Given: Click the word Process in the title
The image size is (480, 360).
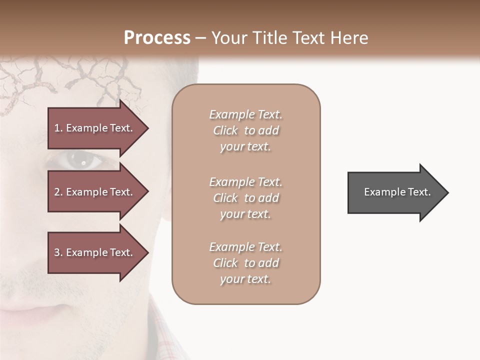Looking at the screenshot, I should (x=157, y=38).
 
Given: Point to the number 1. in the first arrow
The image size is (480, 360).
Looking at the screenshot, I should (x=58, y=128).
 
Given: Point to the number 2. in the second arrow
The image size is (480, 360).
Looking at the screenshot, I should (x=58, y=192).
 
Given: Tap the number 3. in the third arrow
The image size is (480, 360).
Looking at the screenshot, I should (x=58, y=252).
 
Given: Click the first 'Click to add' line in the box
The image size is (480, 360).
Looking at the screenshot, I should (x=246, y=131).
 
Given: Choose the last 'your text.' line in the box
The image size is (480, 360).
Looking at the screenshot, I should (x=246, y=279).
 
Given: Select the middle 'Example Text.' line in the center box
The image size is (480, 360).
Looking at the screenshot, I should (x=246, y=182).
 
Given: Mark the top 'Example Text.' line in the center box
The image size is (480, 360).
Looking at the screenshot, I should (x=246, y=114).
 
